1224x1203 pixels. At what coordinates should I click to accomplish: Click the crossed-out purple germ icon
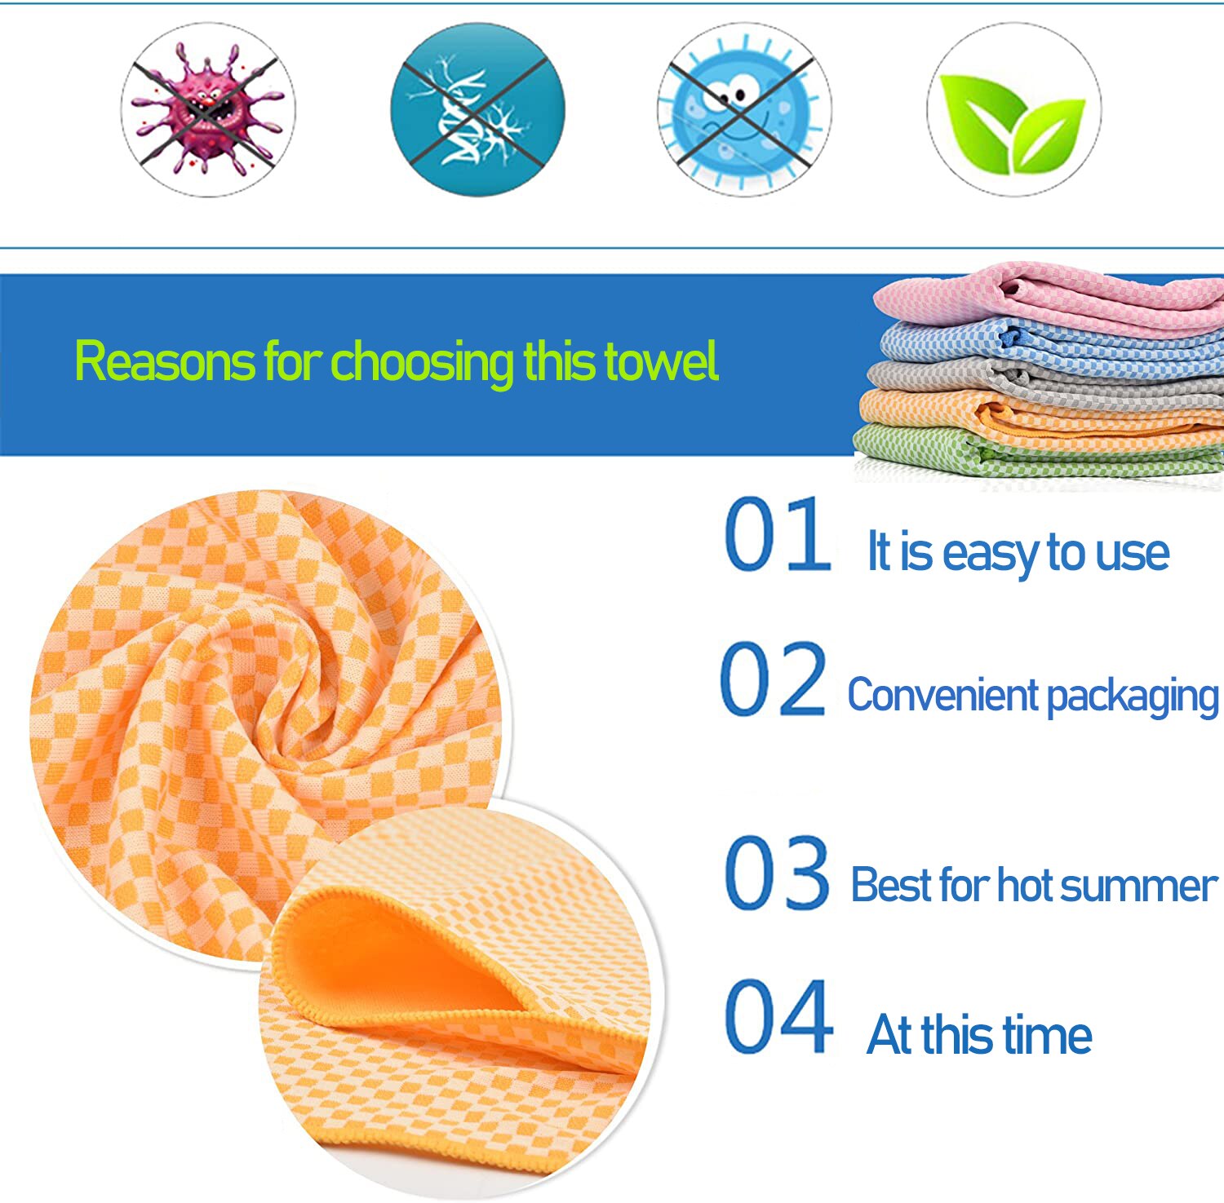point(208,110)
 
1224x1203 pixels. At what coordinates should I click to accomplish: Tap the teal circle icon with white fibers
point(477,110)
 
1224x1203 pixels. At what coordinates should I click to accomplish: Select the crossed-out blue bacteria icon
point(744,110)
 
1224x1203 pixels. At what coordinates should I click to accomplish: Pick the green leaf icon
point(1013,110)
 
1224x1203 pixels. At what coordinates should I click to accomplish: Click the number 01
point(777,534)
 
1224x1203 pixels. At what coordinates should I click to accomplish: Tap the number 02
point(773,679)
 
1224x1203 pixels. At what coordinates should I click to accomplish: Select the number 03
point(777,873)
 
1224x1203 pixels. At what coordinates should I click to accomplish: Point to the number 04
point(778,1016)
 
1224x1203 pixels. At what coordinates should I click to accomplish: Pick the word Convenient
point(942,696)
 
